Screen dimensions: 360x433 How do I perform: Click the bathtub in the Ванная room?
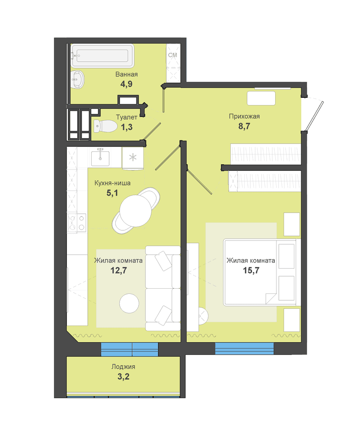tap(103, 56)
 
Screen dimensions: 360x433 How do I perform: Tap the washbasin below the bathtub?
tap(77, 79)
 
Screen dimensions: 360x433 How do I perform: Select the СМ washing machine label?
tap(173, 55)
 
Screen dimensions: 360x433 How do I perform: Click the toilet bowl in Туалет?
tap(105, 126)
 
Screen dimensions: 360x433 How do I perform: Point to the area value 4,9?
tap(127, 83)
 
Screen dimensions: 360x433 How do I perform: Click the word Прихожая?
tap(244, 116)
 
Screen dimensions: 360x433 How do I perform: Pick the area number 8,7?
tap(244, 126)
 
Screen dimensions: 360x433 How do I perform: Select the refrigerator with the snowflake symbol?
tap(133, 158)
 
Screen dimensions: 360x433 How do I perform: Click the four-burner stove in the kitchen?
tap(77, 223)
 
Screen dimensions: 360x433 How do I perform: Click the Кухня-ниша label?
tap(112, 183)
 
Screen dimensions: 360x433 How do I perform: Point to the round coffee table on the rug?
tap(129, 303)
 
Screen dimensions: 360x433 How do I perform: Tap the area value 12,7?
tap(119, 270)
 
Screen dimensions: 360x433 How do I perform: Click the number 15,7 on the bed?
tap(251, 270)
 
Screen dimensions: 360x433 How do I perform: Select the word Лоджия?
tap(123, 367)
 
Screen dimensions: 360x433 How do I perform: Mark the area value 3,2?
tap(123, 376)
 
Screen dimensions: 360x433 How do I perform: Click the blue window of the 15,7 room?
tap(244, 349)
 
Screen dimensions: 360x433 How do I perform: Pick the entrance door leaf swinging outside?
tap(314, 116)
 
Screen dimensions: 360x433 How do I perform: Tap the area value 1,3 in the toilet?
tap(127, 127)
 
